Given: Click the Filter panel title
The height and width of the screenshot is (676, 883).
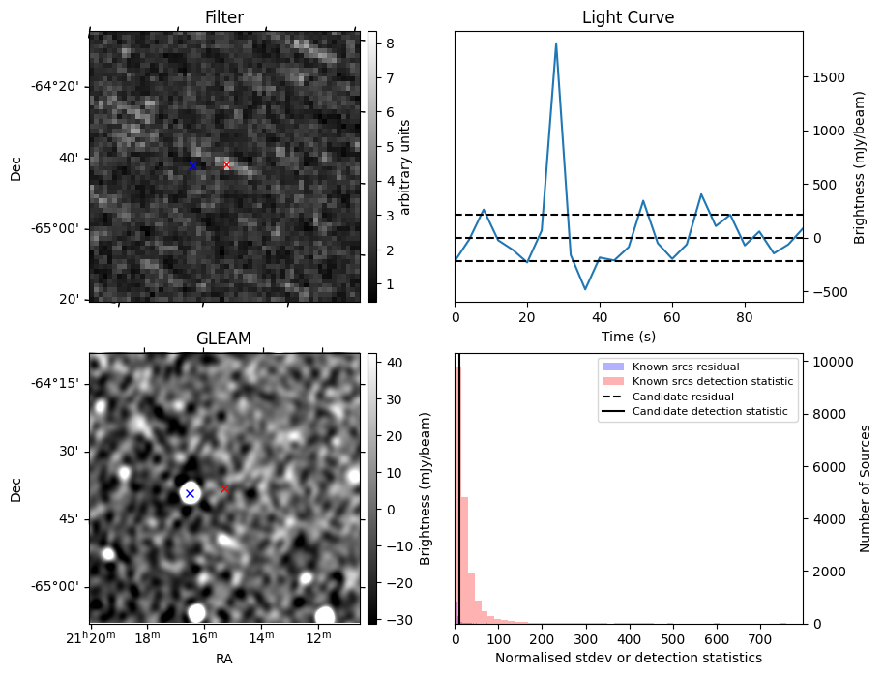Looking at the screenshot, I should (223, 17).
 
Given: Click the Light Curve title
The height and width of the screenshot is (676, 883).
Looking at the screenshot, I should (628, 17).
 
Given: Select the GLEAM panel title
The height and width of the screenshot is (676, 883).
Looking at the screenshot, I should (223, 338).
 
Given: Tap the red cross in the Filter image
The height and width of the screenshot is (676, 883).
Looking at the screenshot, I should (227, 165).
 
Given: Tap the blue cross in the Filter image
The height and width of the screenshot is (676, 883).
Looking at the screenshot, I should (192, 166).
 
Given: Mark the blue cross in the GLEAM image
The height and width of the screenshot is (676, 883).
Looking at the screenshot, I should (190, 493).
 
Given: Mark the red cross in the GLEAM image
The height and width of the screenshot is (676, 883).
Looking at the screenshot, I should (224, 489).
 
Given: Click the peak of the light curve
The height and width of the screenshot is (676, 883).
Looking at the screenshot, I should (556, 44).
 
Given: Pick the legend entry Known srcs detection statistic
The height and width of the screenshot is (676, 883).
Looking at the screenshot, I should (713, 382).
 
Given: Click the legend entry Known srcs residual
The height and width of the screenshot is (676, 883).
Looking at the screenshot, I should (685, 367).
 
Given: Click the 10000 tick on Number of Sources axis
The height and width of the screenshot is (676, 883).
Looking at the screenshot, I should (831, 362).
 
